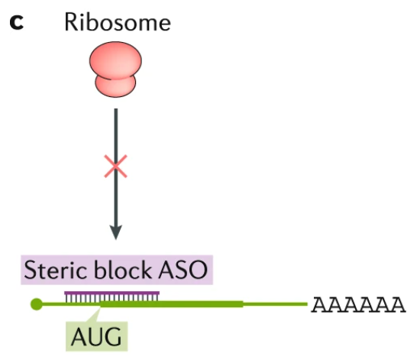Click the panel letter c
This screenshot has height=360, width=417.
tap(16, 22)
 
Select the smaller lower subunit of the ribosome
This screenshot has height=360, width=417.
tap(115, 83)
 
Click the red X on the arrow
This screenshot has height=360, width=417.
tap(115, 166)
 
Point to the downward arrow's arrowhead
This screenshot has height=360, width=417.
tap(115, 231)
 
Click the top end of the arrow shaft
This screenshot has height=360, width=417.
tap(115, 110)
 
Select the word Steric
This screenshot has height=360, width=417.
tap(55, 271)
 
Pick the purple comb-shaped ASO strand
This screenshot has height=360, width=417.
tap(112, 297)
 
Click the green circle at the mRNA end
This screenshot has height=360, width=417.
tap(35, 304)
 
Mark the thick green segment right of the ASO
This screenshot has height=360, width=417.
tap(202, 304)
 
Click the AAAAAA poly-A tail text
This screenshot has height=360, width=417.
tap(357, 305)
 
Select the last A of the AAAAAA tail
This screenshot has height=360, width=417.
tap(396, 305)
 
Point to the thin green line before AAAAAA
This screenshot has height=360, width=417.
tap(275, 304)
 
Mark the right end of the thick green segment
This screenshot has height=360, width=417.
tap(242, 304)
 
